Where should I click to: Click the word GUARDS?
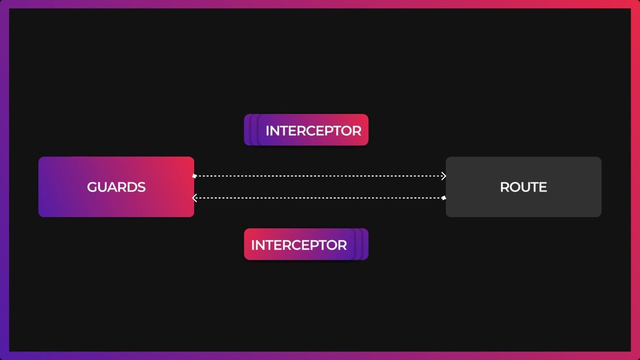[x=116, y=187]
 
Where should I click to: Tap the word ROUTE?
[x=523, y=187]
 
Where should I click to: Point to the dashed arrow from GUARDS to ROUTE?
[x=319, y=176]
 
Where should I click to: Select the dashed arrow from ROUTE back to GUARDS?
[x=319, y=198]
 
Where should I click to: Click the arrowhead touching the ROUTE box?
[x=443, y=176]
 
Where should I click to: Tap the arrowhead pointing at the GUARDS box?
[x=195, y=198]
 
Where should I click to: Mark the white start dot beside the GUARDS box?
[x=194, y=176]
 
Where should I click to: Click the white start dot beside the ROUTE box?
[x=444, y=197]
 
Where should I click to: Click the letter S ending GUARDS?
[x=141, y=187]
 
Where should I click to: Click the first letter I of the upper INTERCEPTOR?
[x=267, y=131]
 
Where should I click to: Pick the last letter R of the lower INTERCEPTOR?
[x=342, y=245]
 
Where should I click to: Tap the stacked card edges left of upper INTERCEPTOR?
[x=249, y=130]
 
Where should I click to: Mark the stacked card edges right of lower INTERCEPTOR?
[x=362, y=244]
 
